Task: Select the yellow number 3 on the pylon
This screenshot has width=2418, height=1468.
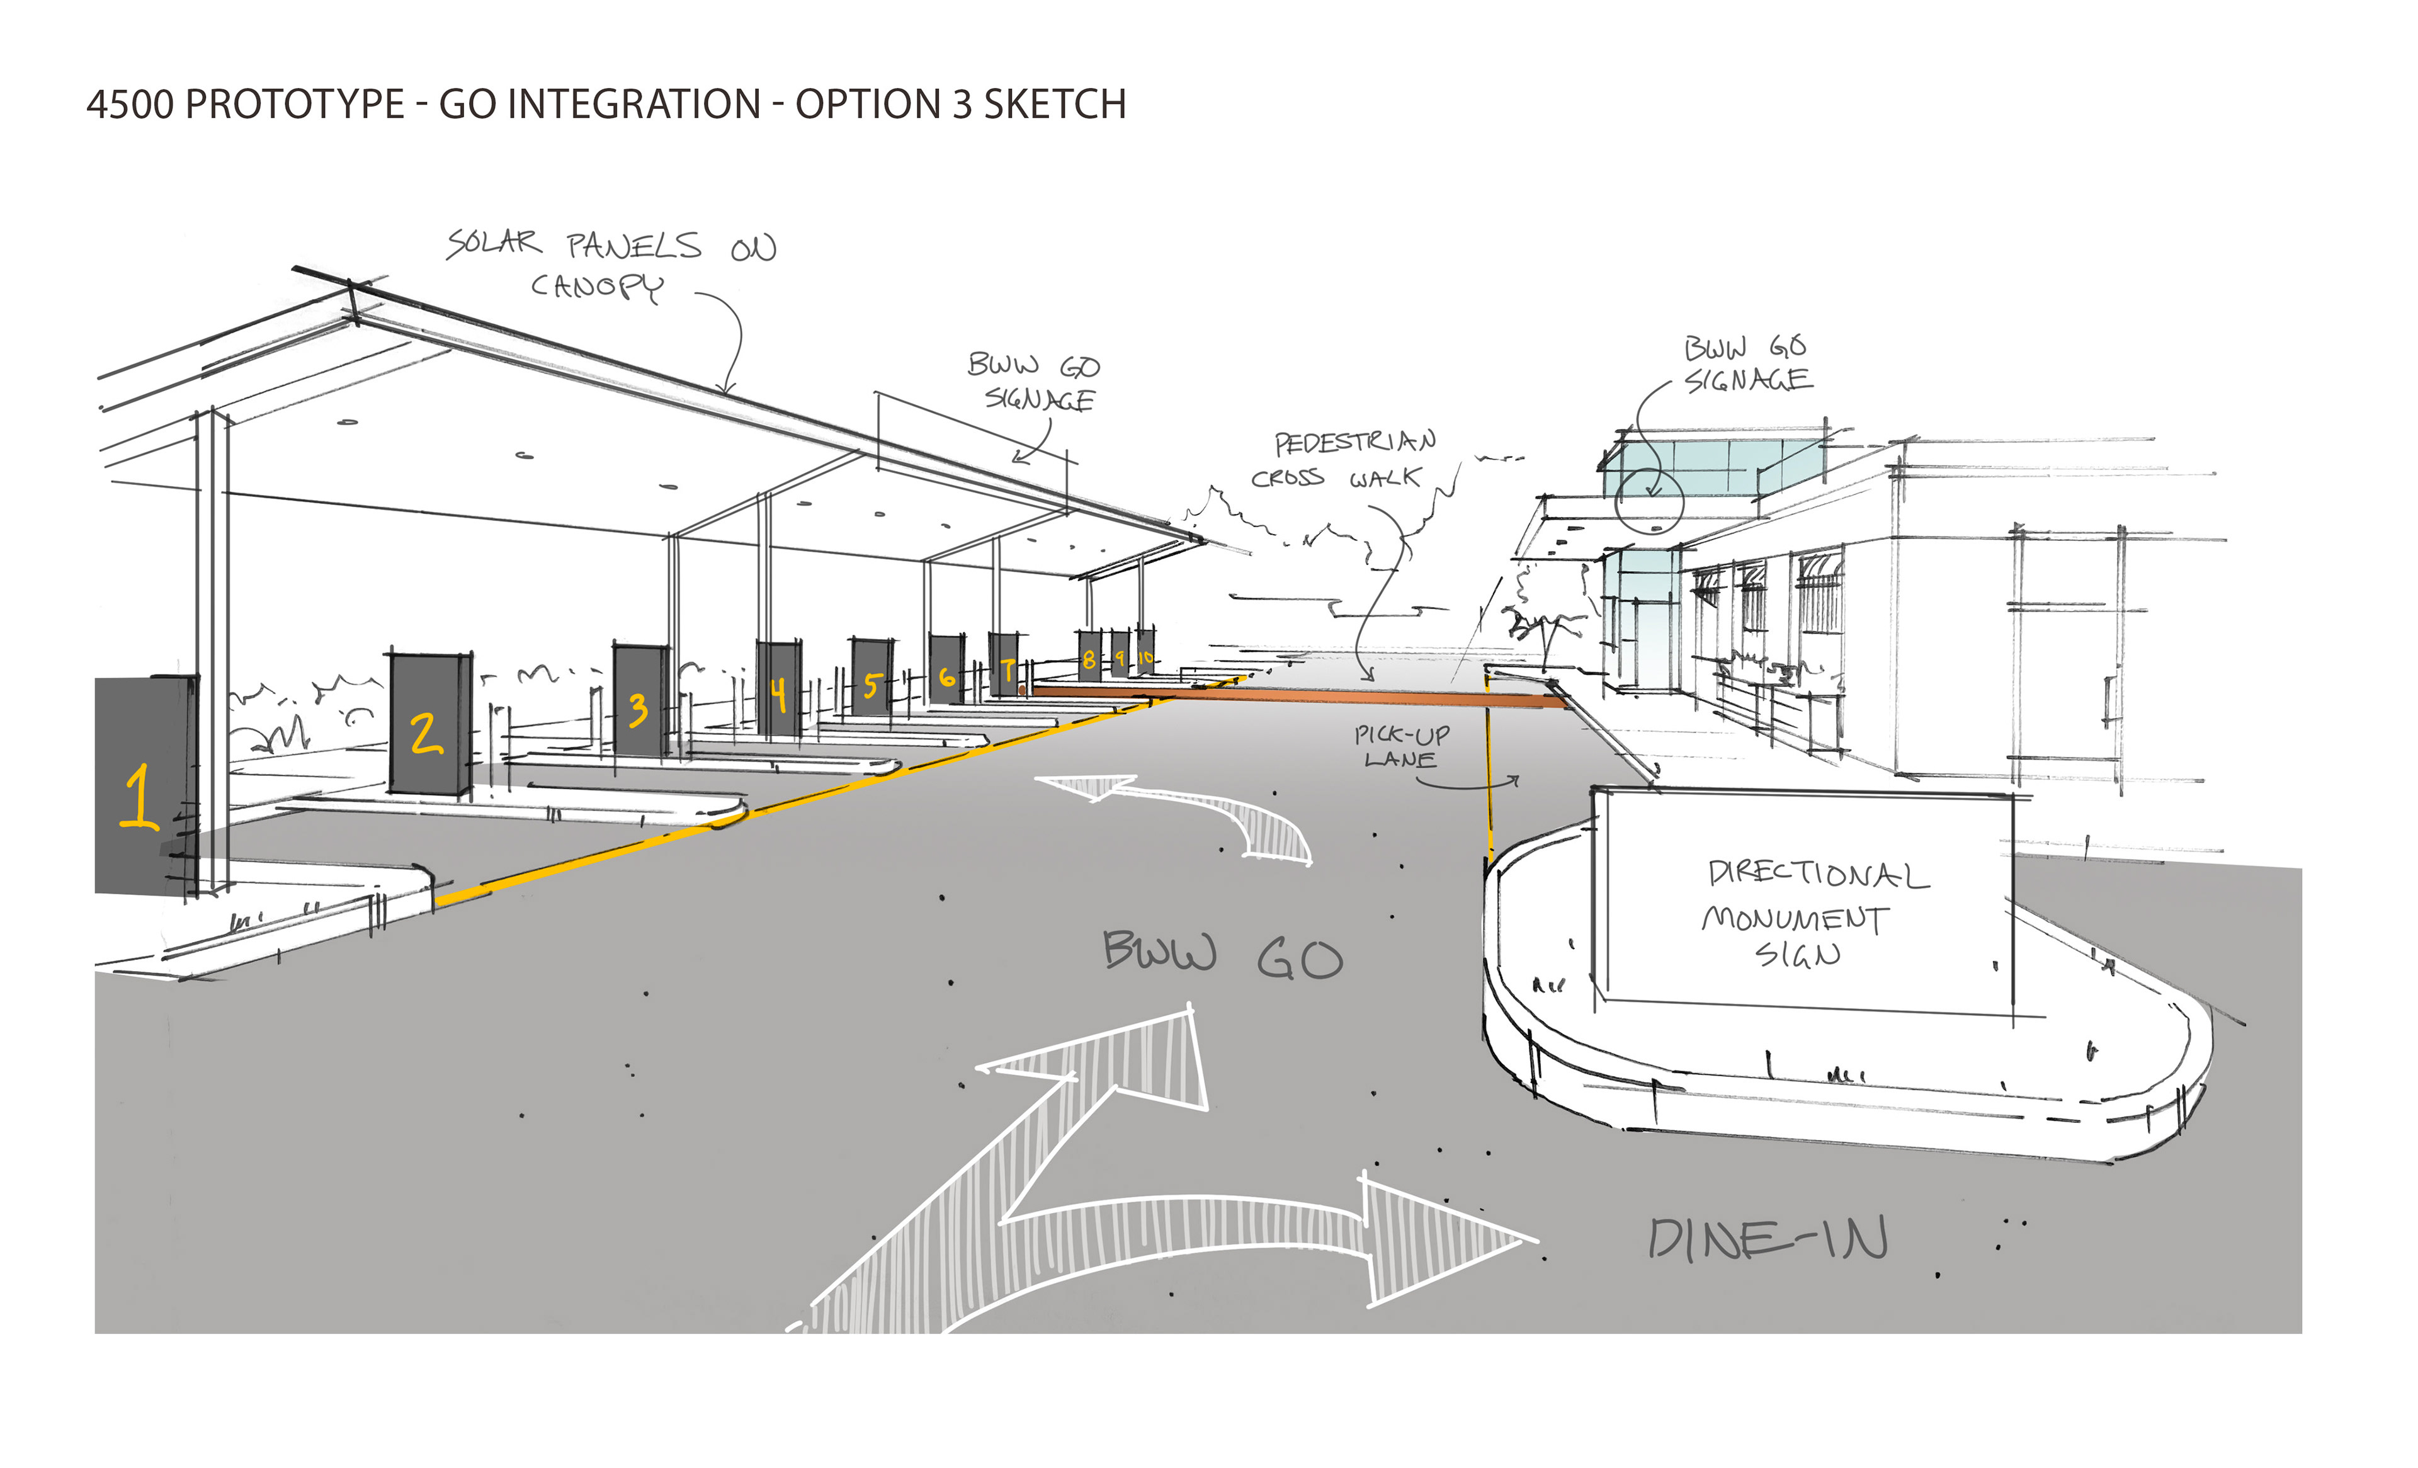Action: tap(638, 710)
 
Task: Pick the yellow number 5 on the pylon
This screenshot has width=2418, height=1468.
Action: tap(870, 685)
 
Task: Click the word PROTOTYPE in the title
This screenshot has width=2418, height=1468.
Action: tap(295, 104)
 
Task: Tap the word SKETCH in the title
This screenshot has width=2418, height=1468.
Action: tap(1055, 104)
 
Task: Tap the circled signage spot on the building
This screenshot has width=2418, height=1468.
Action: tap(1649, 501)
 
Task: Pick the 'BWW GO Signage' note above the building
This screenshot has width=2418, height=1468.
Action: tap(1747, 363)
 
